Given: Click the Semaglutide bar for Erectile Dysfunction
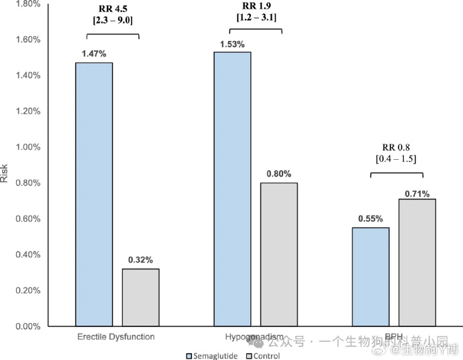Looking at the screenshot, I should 94,195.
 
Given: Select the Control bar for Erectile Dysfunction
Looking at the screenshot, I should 140,298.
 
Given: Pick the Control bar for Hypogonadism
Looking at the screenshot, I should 278,255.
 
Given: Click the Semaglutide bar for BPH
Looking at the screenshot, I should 370,277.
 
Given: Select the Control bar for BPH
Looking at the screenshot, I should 417,263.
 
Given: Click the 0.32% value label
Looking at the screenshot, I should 140,259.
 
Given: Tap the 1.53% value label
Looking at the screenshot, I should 232,44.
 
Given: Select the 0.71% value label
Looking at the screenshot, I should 417,194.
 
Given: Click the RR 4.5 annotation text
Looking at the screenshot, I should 112,9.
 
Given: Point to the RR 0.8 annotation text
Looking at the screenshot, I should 397,146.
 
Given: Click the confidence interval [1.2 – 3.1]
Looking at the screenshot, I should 255,17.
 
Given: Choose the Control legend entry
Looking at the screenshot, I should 262,355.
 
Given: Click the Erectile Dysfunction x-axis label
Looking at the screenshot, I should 115,336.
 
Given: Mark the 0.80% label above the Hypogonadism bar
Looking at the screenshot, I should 278,173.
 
